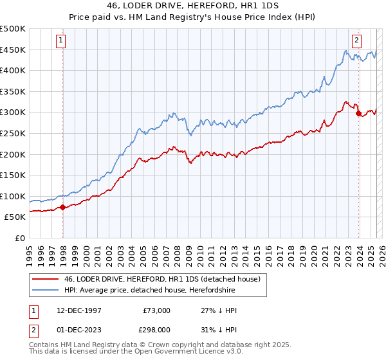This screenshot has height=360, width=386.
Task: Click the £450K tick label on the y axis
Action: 13,50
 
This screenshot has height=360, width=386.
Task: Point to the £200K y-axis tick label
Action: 13,154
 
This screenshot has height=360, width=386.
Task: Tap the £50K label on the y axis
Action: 15,217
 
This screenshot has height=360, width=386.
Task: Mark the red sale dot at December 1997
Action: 63,208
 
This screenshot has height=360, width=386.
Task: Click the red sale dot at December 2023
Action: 358,113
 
